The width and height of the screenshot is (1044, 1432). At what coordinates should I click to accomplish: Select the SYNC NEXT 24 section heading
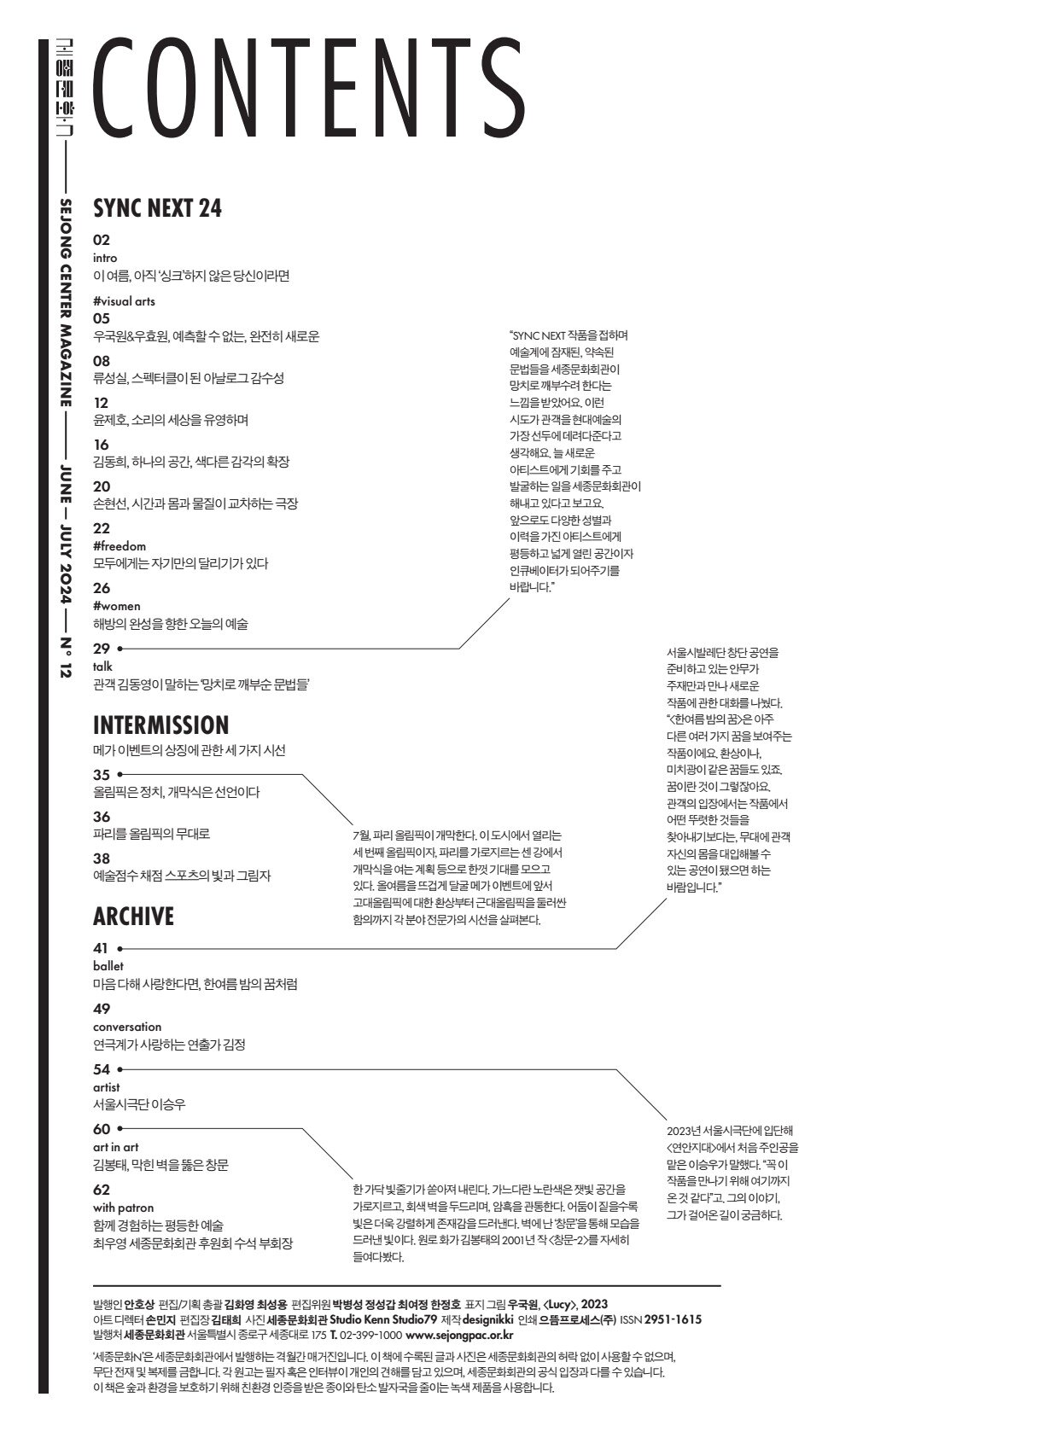coord(157,208)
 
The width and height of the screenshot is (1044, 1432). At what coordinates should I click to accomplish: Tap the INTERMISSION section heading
coord(160,725)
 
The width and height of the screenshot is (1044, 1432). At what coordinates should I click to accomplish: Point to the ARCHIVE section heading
coord(133,917)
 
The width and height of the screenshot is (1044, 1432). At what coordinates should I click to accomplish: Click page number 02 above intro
coord(102,241)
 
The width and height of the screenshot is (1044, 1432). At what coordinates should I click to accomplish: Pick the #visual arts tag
coord(124,301)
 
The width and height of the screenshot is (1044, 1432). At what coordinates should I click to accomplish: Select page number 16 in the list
coord(102,445)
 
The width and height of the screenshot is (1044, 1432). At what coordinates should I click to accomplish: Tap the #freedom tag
coord(120,546)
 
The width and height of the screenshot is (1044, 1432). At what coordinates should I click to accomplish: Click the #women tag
coord(117,606)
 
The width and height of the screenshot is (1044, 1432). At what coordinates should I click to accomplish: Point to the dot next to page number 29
coord(120,649)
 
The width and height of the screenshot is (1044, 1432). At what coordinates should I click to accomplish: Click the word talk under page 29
coord(102,666)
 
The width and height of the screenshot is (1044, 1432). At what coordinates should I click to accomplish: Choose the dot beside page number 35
coord(120,775)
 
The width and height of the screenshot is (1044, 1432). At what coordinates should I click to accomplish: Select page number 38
coord(102,859)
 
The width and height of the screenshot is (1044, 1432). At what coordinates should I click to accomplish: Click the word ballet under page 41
coord(108,966)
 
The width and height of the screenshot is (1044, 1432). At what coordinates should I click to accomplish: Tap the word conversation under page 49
coord(127,1027)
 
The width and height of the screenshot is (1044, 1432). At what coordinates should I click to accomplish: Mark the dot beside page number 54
coord(120,1069)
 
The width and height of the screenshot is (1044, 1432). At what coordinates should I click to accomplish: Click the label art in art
coord(115,1147)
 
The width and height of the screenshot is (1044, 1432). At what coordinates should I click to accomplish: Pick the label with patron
coord(124,1208)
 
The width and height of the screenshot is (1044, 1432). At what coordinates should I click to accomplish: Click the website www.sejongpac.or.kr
coord(459,1335)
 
